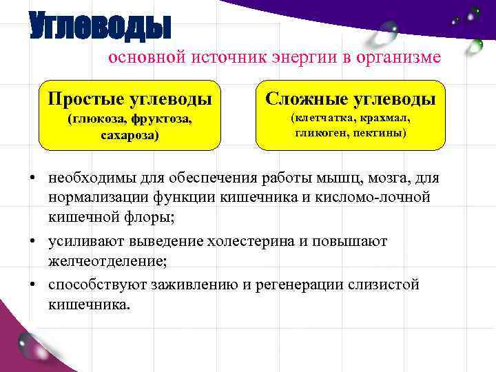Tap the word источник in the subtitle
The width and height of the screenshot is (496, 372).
tap(233, 58)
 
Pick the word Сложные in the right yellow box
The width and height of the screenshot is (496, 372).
tap(304, 99)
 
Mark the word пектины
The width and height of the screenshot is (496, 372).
tap(377, 132)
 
